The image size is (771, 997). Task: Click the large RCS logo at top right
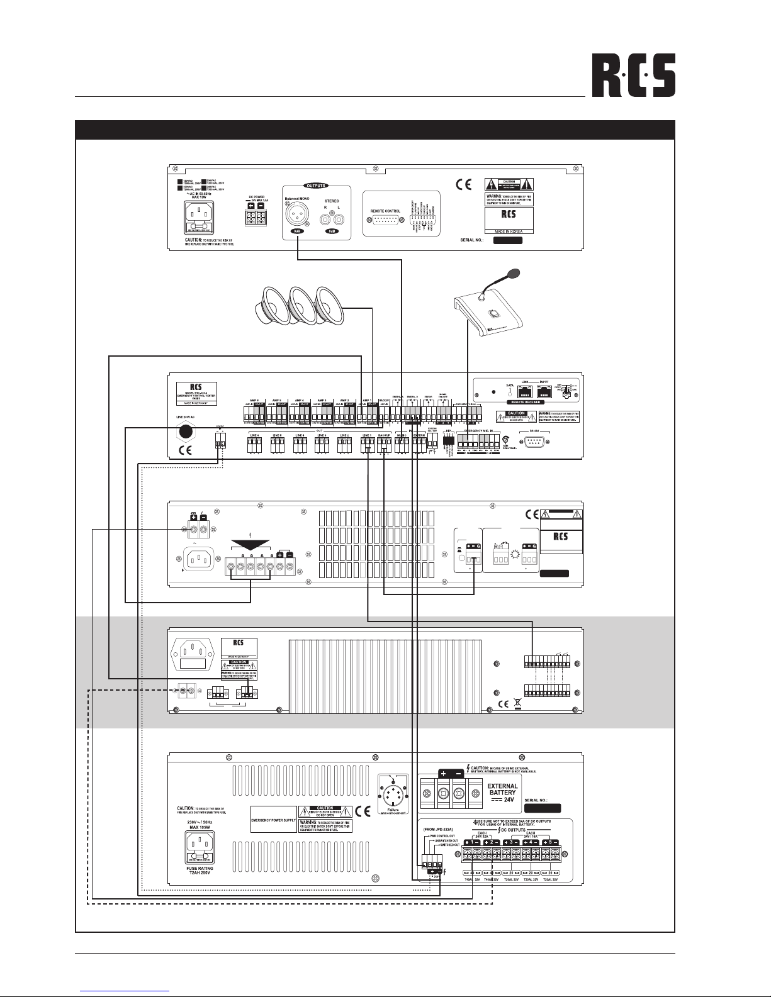click(633, 74)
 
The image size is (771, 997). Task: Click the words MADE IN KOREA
click(509, 231)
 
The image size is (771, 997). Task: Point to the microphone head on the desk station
click(514, 274)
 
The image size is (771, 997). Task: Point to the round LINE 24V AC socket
click(186, 432)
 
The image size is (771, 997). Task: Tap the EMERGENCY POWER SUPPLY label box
click(273, 819)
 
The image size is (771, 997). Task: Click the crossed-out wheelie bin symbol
click(517, 704)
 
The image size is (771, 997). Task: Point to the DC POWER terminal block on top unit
click(256, 217)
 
